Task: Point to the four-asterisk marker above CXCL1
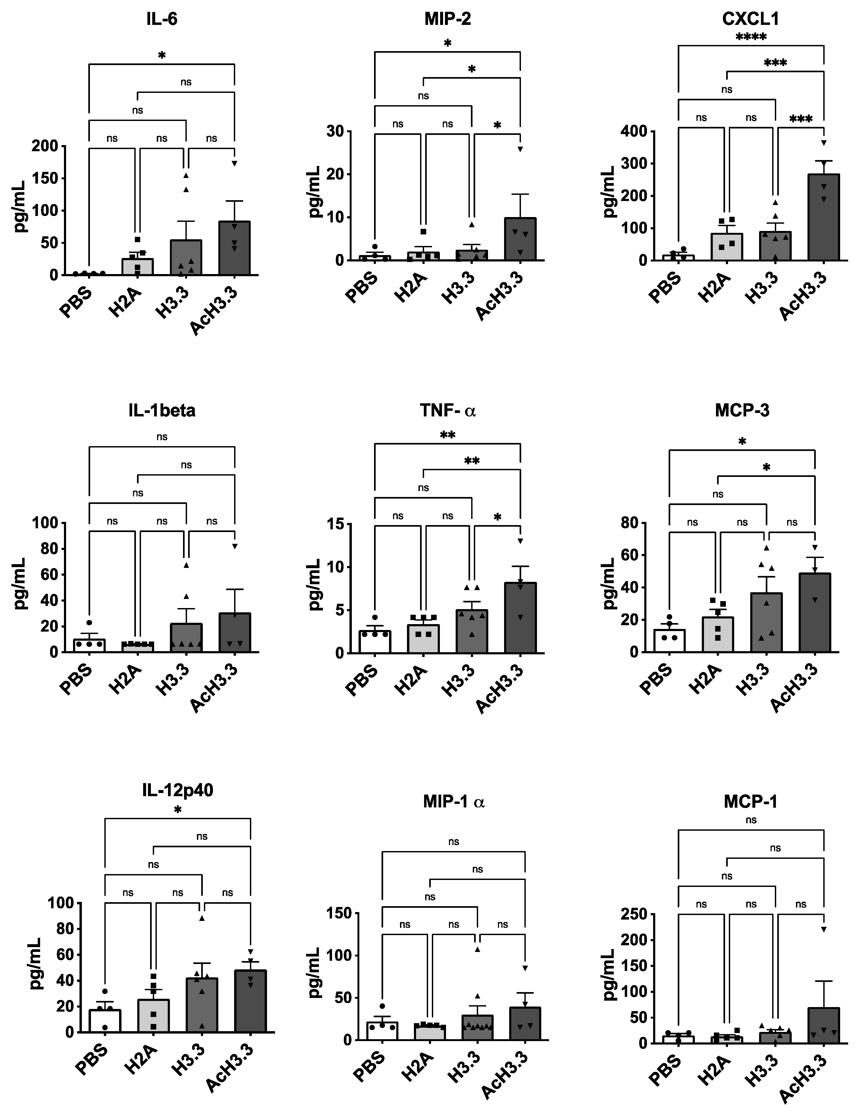(750, 37)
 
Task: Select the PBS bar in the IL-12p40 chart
(105, 1020)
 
